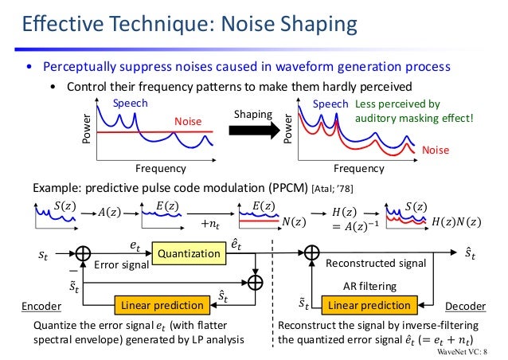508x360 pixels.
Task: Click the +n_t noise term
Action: (210, 225)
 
